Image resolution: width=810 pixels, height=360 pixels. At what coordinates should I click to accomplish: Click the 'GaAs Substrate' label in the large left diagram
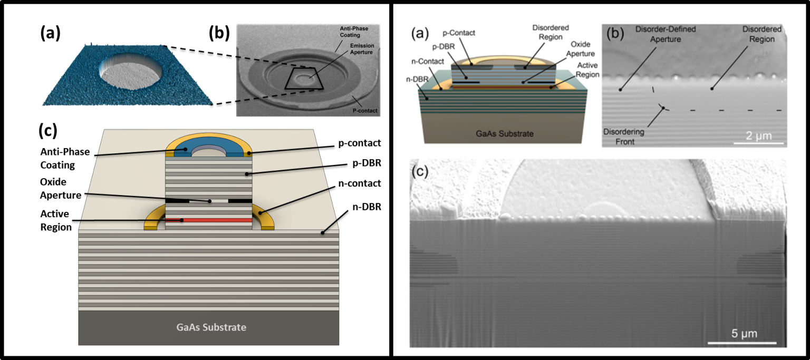[210, 327]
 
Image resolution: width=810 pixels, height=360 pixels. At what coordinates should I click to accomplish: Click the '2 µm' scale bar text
[758, 136]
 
